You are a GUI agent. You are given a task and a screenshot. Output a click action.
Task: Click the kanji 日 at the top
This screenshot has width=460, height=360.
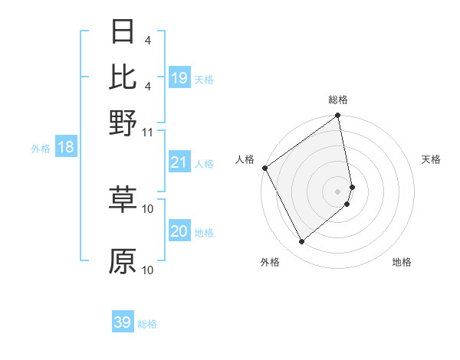123,31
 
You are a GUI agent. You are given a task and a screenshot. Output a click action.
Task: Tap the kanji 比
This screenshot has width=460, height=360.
123,77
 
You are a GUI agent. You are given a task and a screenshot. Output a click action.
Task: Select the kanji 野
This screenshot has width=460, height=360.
123,123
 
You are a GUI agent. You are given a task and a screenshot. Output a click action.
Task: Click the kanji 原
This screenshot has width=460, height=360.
123,261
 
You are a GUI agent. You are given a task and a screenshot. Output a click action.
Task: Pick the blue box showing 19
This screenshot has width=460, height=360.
179,78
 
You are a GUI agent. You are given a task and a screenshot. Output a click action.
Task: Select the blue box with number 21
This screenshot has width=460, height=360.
179,162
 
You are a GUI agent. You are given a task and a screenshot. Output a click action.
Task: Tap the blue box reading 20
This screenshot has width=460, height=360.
179,231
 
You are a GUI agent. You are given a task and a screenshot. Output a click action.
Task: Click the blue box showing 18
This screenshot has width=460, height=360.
66,147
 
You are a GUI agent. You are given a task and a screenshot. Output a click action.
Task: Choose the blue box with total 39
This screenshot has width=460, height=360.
123,322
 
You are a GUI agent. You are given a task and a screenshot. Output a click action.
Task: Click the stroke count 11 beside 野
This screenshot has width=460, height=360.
148,132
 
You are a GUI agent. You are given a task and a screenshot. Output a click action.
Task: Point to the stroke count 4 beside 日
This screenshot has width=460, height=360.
147,39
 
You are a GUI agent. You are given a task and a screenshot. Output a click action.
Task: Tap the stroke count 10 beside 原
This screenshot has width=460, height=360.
148,270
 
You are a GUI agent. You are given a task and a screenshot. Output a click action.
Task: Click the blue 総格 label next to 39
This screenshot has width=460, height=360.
147,324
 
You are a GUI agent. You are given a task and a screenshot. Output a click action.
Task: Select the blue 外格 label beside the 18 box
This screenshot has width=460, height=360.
40,149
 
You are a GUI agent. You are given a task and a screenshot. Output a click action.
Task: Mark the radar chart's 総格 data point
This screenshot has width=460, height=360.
338,116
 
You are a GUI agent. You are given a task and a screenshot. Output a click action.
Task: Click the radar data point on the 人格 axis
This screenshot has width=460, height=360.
264,168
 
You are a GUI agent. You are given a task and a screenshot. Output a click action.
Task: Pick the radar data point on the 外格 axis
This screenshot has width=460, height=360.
301,242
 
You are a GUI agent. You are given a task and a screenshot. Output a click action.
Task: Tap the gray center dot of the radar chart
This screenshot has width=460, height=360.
338,191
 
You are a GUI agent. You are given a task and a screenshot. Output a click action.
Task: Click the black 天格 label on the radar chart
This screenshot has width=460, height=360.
432,159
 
